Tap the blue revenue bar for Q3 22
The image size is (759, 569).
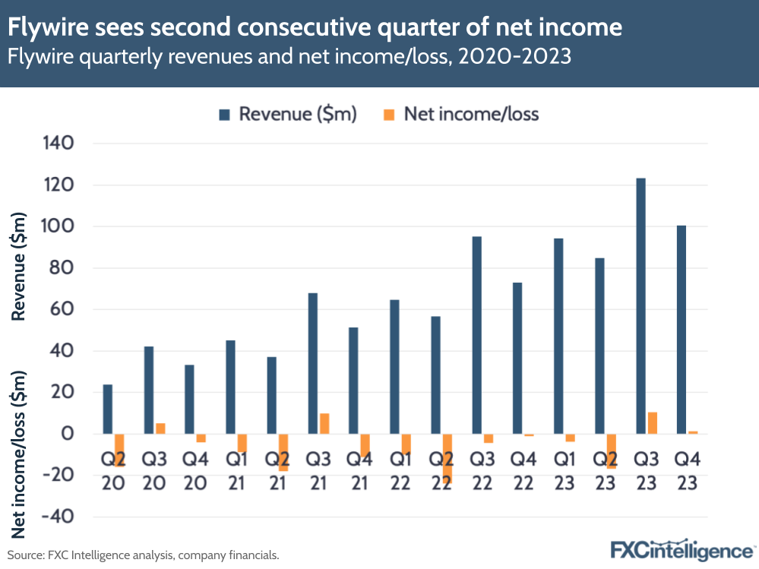476,335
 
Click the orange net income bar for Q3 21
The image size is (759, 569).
324,424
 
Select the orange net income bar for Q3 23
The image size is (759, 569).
652,423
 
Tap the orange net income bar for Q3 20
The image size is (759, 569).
160,428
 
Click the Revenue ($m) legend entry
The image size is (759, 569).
288,114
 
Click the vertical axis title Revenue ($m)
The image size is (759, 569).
20,266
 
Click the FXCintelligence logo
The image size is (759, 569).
682,550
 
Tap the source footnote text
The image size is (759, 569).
144,555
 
